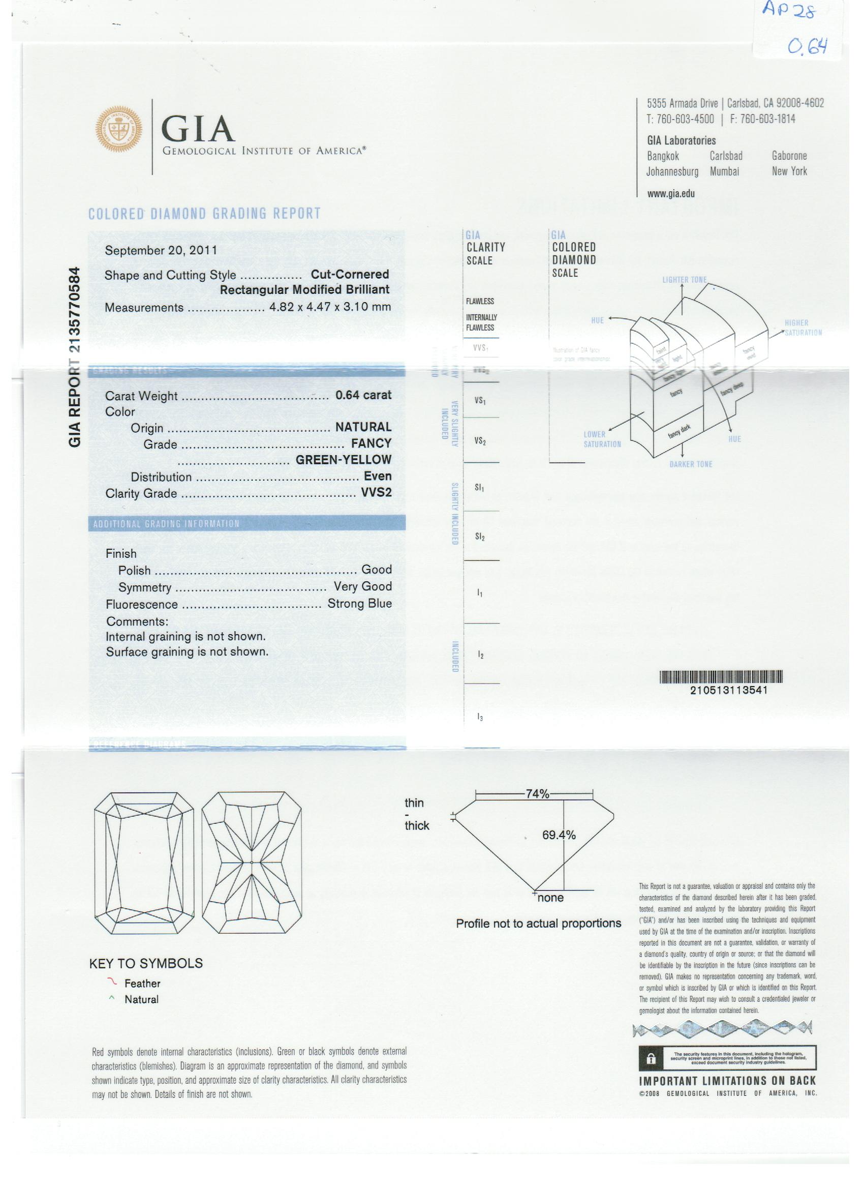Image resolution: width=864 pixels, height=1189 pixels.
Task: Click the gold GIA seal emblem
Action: [118, 129]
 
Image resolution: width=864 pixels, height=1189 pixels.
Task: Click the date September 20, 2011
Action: [161, 250]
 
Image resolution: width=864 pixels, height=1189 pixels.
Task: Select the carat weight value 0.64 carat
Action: [363, 395]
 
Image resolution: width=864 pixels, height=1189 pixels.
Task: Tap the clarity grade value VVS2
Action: [376, 492]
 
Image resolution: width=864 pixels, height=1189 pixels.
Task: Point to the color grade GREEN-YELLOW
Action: [343, 459]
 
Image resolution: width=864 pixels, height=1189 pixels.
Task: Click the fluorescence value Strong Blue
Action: [359, 604]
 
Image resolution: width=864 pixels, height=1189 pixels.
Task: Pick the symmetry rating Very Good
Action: [362, 586]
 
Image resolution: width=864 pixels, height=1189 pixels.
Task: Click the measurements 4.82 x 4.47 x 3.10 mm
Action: [329, 307]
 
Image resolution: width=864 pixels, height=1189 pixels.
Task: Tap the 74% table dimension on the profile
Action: [537, 794]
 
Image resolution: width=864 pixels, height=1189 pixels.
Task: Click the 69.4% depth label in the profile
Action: [559, 835]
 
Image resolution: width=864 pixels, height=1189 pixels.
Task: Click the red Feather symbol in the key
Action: [112, 982]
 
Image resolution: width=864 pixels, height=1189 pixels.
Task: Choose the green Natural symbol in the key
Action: [112, 998]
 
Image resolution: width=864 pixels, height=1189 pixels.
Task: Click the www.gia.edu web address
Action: [671, 193]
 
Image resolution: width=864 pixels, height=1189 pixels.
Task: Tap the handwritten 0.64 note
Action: [807, 47]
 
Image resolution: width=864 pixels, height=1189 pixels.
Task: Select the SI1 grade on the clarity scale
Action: [479, 488]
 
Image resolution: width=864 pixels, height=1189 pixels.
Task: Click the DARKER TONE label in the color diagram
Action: [691, 464]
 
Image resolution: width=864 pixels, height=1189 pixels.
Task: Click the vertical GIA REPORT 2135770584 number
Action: [75, 356]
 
